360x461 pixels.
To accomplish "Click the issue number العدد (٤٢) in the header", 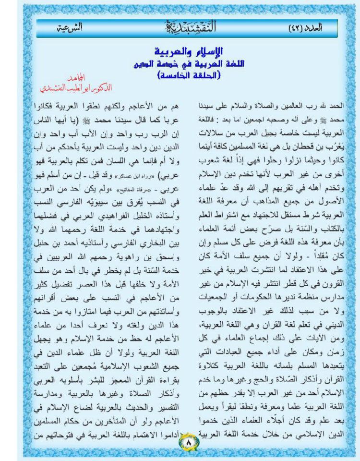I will click(x=308, y=28).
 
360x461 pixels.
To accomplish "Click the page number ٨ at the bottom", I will click(x=189, y=440).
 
